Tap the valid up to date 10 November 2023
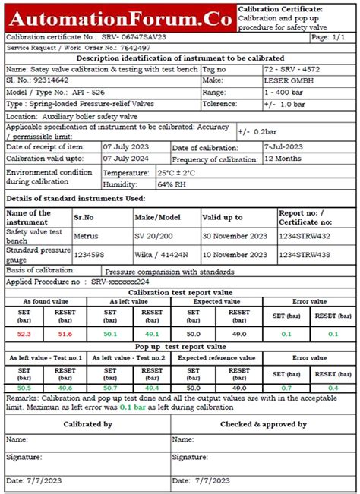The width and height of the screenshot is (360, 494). tap(235, 254)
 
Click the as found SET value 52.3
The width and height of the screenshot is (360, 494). tap(24, 333)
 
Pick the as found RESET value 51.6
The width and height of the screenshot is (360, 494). tap(66, 333)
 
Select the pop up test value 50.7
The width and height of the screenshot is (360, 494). tap(110, 388)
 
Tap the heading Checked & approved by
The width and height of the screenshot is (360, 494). tap(264, 424)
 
